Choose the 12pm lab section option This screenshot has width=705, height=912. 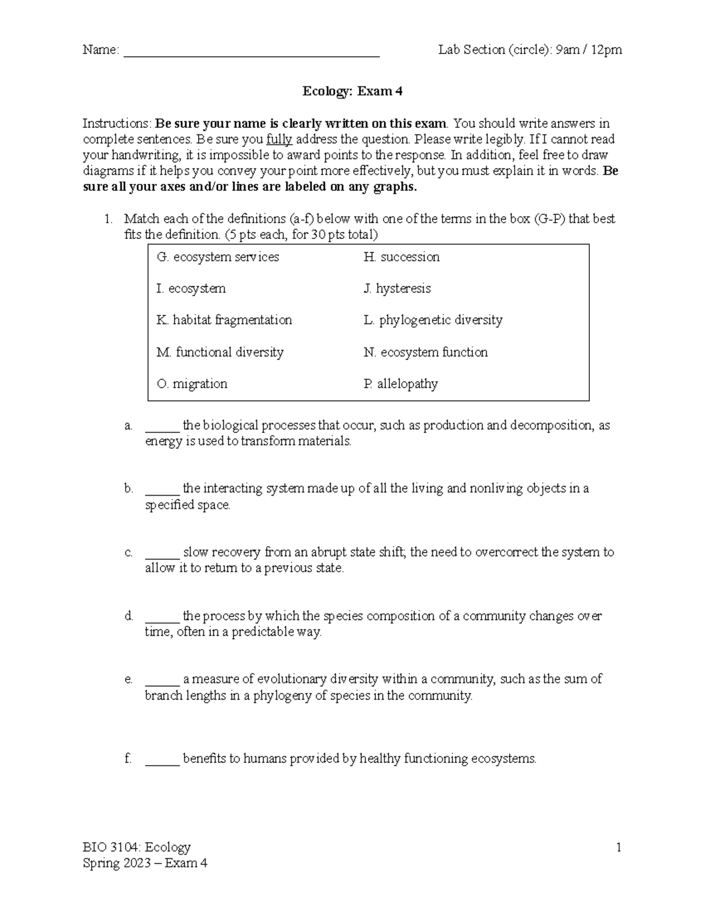tap(606, 50)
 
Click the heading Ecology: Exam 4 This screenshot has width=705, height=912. tap(352, 91)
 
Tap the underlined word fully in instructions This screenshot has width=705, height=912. tap(279, 140)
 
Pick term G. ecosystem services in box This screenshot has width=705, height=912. tap(217, 257)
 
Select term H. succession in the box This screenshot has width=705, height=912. tap(401, 257)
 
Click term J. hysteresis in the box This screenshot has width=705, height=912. tap(397, 289)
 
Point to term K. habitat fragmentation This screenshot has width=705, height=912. tap(224, 320)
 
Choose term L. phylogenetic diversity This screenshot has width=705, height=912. tap(433, 320)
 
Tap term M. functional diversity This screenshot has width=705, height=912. tap(220, 352)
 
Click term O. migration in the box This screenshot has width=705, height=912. tap(192, 384)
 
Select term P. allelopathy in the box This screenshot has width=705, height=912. tap(401, 384)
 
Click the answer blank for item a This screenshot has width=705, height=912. tap(162, 426)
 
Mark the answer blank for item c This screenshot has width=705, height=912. tap(162, 553)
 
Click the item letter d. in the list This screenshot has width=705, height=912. tap(129, 616)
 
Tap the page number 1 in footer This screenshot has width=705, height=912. tap(618, 847)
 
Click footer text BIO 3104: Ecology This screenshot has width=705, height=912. tap(136, 847)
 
